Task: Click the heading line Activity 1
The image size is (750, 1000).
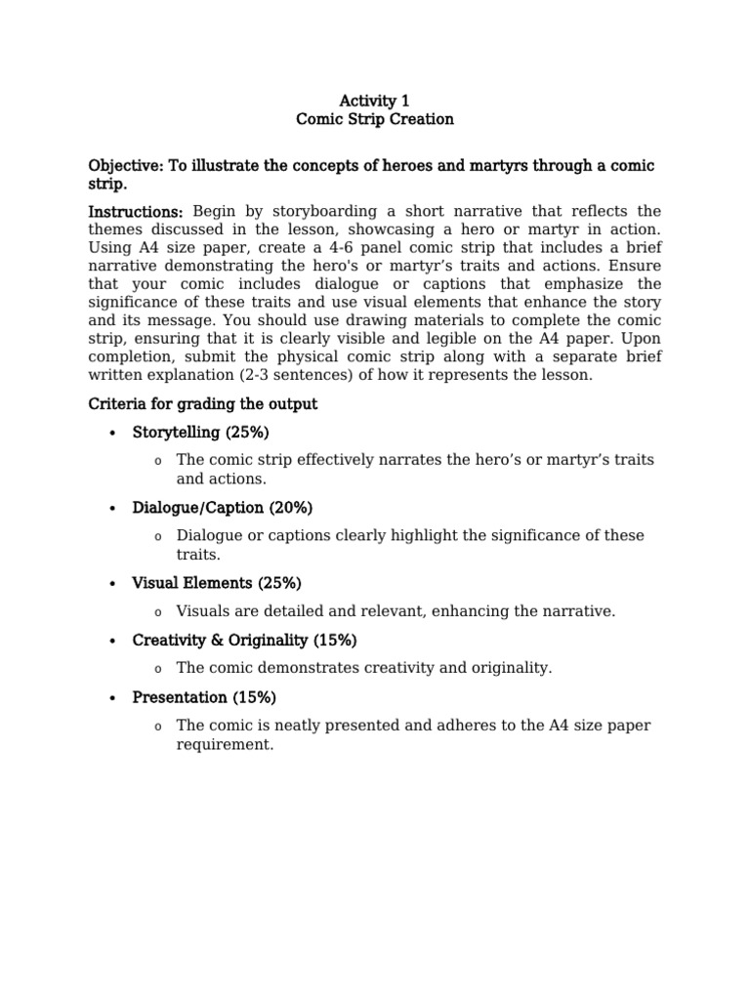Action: tap(375, 101)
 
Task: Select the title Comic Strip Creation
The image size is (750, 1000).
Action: tap(375, 120)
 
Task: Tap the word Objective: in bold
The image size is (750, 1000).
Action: tap(126, 166)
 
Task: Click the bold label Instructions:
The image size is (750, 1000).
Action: tap(136, 212)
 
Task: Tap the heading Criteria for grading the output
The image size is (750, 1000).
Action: tap(203, 403)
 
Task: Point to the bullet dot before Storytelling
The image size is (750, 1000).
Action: tap(113, 434)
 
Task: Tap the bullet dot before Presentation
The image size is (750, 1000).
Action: tap(113, 698)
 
